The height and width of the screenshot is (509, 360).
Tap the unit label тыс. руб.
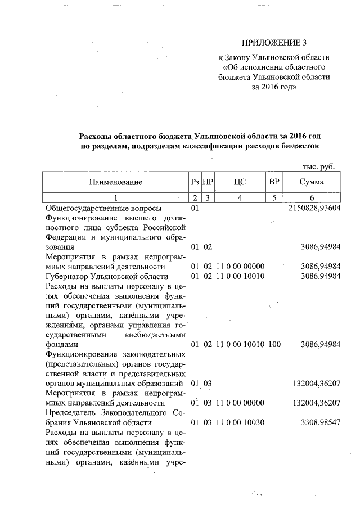click(318, 167)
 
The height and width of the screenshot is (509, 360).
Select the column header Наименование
click(115, 182)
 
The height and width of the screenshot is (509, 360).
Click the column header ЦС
click(240, 182)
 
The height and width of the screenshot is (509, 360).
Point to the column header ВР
click(274, 182)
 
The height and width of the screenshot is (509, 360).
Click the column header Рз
click(195, 182)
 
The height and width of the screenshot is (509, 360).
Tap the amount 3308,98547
click(320, 422)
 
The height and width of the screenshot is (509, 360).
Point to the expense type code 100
click(274, 343)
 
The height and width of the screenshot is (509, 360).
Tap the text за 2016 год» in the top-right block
click(274, 88)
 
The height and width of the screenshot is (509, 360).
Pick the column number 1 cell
click(115, 197)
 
